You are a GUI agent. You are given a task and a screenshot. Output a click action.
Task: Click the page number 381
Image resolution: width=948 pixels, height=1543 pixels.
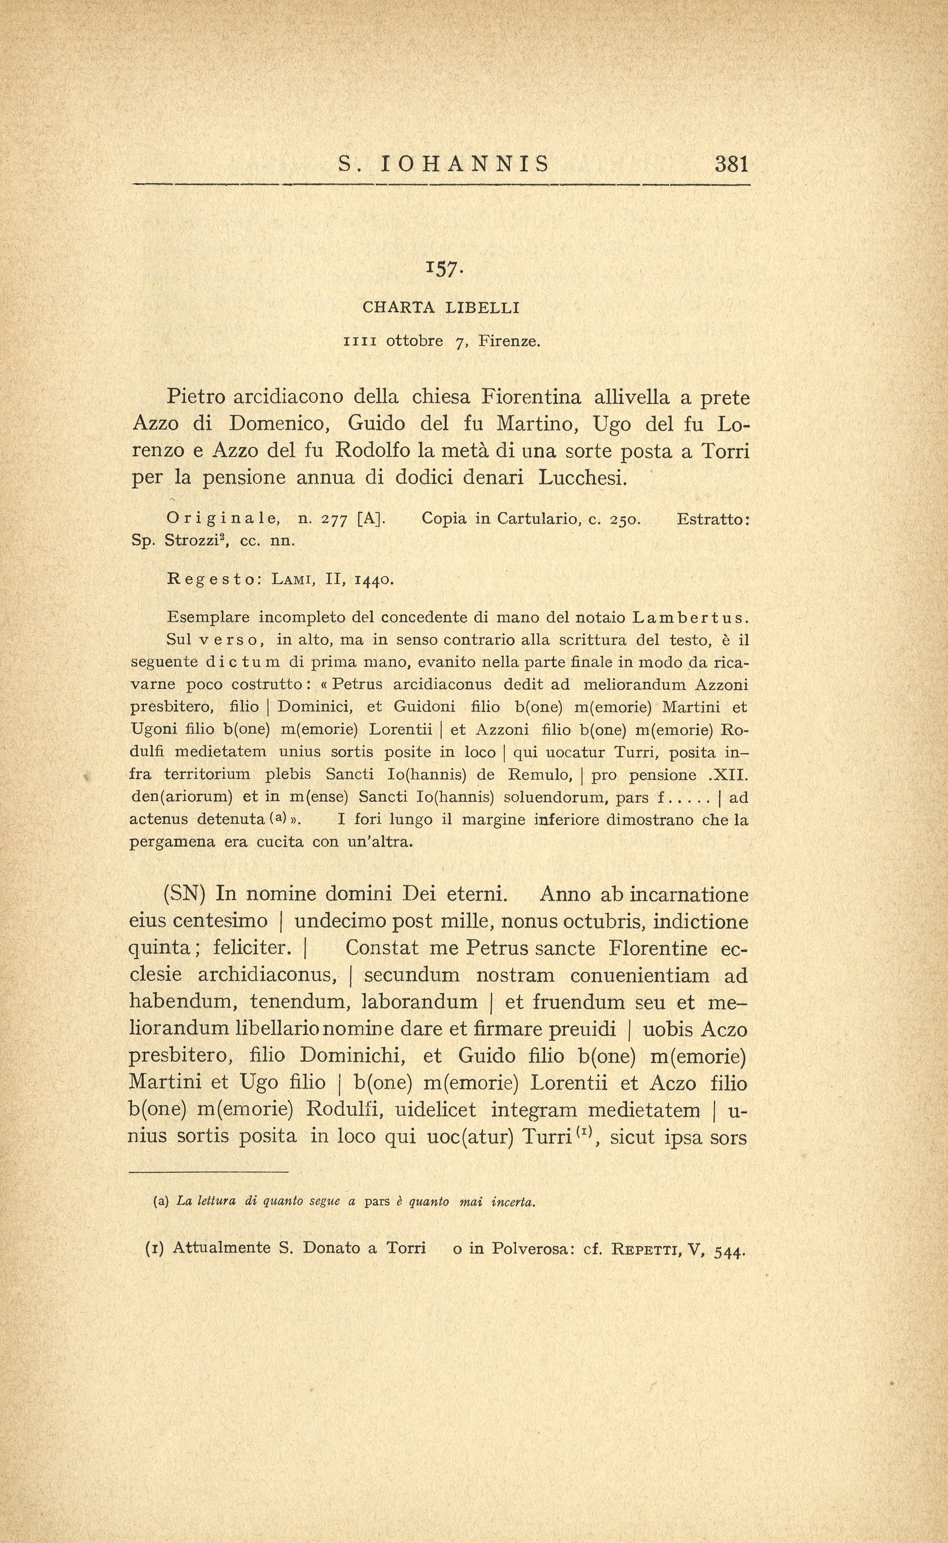click(x=731, y=164)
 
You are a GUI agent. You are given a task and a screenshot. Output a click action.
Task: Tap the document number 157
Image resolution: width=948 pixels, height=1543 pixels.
click(x=444, y=268)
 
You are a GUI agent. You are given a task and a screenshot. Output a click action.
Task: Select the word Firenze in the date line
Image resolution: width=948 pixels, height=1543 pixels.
click(x=508, y=342)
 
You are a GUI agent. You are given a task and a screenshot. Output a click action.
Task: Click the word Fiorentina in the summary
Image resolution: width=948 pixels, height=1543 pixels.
click(x=530, y=397)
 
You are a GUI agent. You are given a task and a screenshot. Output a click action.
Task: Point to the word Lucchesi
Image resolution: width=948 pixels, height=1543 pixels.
click(x=582, y=478)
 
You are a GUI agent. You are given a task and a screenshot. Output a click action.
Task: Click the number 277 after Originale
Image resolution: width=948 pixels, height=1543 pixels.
click(x=334, y=519)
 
